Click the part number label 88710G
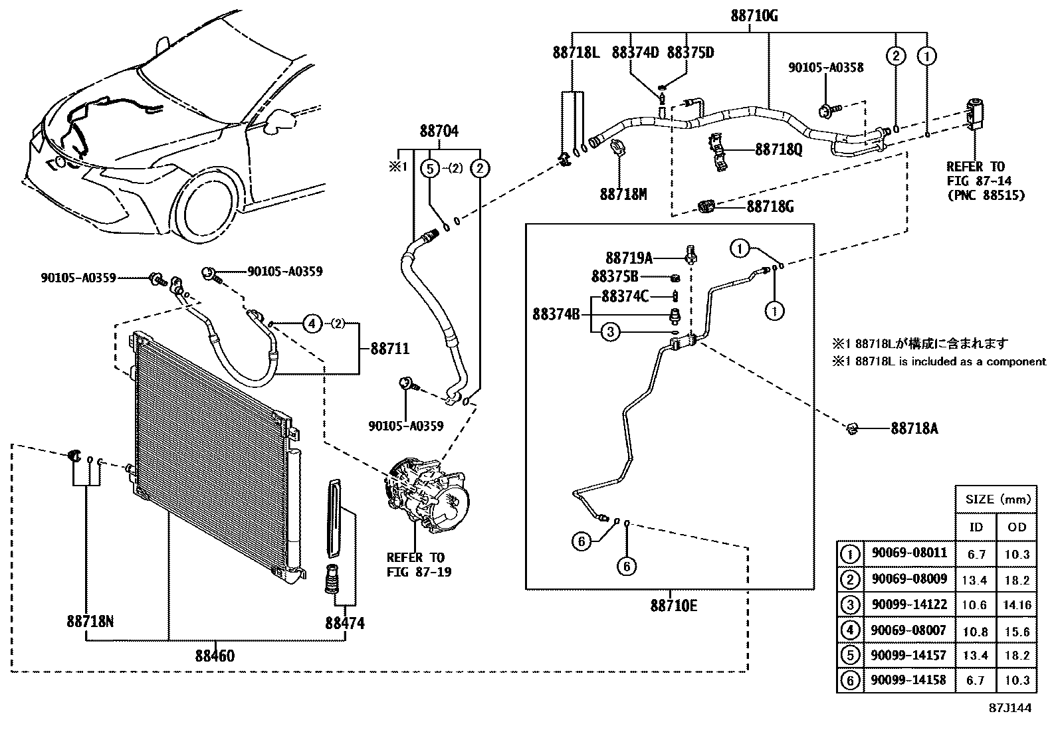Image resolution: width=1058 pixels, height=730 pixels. point(754,15)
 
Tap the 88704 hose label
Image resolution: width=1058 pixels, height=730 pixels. point(439,132)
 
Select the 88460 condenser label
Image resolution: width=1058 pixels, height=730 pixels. point(215,656)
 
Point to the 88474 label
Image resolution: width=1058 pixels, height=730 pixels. point(345,623)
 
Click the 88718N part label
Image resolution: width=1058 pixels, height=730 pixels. point(90,622)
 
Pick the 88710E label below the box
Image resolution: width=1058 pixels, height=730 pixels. point(673,605)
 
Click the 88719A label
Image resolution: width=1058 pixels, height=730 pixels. point(629,257)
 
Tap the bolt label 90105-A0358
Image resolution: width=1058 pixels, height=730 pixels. point(826,67)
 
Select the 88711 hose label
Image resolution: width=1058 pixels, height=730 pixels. point(390,349)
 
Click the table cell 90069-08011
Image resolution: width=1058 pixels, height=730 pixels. point(908,553)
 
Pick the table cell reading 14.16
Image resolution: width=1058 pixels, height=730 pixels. point(1017,605)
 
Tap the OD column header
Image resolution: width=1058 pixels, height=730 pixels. point(1017,527)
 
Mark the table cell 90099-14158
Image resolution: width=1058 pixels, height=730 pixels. point(908,680)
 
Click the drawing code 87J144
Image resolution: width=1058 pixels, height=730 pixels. point(1009,708)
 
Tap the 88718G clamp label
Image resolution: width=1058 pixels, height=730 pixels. point(770,207)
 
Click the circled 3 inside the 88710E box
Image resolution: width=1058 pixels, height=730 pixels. point(611,332)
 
